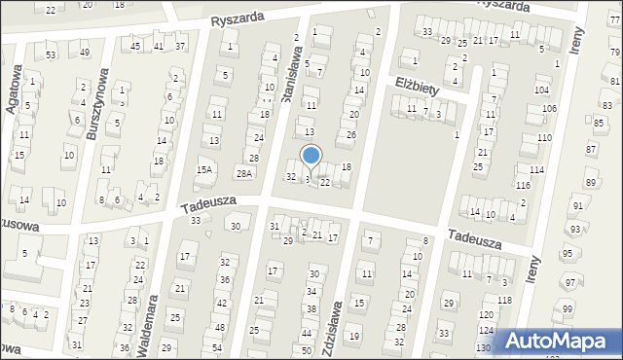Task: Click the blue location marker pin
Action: [311, 156]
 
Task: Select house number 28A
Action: [244, 173]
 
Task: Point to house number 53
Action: [51, 55]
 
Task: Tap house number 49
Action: [86, 53]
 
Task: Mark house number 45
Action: [136, 46]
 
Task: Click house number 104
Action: [541, 90]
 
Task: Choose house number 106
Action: [549, 108]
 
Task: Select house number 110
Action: [543, 138]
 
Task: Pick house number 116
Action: [524, 185]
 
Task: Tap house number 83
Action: [605, 104]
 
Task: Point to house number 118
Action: [503, 300]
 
